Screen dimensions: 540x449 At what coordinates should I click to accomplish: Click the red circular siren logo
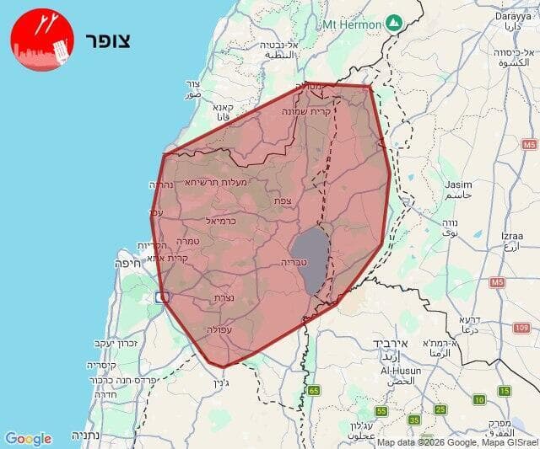tap(42, 40)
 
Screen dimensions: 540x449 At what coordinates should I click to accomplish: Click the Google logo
tap(28, 438)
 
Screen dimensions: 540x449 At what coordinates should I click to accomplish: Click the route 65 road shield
tap(315, 390)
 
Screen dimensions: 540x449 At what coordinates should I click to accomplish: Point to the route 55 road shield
tap(381, 411)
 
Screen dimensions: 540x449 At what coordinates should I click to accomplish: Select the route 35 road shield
tap(413, 420)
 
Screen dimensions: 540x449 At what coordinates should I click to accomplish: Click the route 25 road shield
tap(440, 409)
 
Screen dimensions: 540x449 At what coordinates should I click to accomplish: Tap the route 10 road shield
tap(479, 399)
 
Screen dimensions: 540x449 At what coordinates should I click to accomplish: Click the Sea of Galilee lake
tap(310, 257)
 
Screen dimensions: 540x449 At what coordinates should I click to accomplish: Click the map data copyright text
tap(456, 442)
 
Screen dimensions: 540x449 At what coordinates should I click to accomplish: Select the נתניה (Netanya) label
tap(84, 436)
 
